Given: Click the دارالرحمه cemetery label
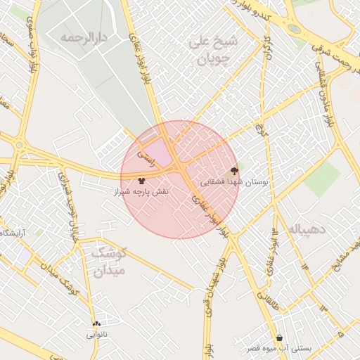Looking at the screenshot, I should coord(83,37).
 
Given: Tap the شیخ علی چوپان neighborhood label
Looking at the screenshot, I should coord(214,51).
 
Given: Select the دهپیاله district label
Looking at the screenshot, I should coord(309,229).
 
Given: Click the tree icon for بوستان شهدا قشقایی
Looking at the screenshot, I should coord(234,171).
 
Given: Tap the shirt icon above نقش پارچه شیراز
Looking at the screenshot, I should coord(142,181).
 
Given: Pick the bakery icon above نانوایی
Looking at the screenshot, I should coord(96,324).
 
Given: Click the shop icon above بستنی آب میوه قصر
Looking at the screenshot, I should coord(280,338).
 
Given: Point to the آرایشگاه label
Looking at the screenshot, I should coord(13,232).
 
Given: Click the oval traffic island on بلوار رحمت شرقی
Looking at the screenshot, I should coord(293,29).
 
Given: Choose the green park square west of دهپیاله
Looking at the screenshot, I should coord(322,179).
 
